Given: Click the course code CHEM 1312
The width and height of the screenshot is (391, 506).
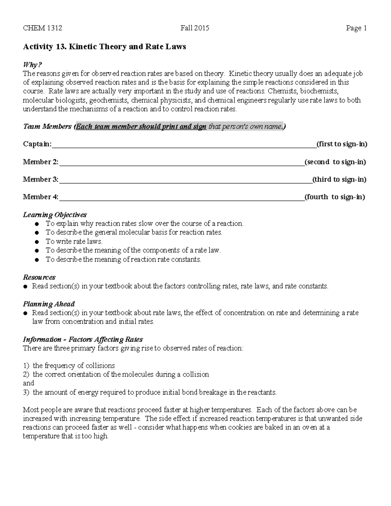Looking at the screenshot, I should point(42,28).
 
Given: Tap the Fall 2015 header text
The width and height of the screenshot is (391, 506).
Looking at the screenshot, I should point(195,28).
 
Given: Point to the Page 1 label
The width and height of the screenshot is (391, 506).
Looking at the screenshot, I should point(356,28).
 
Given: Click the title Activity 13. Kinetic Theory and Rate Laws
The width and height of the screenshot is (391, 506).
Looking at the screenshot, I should point(104,47).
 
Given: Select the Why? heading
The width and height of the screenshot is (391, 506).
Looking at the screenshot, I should point(33,65).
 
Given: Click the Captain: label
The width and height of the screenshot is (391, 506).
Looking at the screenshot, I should point(37,144).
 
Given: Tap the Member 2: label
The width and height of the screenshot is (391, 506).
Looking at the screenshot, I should point(40,162).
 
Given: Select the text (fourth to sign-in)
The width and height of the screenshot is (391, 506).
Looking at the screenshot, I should point(335,197).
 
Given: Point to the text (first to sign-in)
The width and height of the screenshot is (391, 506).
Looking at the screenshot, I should point(342,144).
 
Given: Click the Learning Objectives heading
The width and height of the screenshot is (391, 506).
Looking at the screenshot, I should point(55,215).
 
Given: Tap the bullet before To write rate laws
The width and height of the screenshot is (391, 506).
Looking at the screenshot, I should point(37,242).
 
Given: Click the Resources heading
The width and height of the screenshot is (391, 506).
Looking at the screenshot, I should point(39,277).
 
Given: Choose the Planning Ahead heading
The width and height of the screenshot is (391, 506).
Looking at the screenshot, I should point(49,304).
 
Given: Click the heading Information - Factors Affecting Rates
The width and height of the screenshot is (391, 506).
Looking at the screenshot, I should point(83,340).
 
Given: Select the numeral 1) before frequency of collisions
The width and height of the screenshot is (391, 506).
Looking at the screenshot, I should point(26,366).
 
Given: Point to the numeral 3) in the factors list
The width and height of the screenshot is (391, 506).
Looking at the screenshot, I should point(26,392).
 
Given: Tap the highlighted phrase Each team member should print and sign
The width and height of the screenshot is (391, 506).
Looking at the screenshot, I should point(141,126).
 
